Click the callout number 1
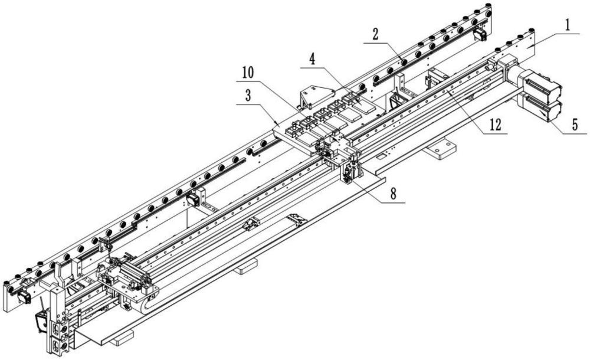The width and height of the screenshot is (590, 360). [568, 26]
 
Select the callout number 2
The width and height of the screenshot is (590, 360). [375, 35]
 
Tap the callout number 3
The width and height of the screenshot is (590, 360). [248, 96]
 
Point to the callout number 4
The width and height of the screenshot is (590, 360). [312, 60]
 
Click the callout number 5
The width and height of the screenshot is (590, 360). [575, 125]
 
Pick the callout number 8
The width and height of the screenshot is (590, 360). [393, 194]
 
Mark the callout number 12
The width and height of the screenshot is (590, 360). [495, 125]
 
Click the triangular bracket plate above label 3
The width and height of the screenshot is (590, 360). [316, 95]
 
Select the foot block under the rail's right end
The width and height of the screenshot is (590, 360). [440, 149]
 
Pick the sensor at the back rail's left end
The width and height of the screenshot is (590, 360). [24, 296]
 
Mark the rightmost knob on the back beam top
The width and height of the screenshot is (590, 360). [489, 6]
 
